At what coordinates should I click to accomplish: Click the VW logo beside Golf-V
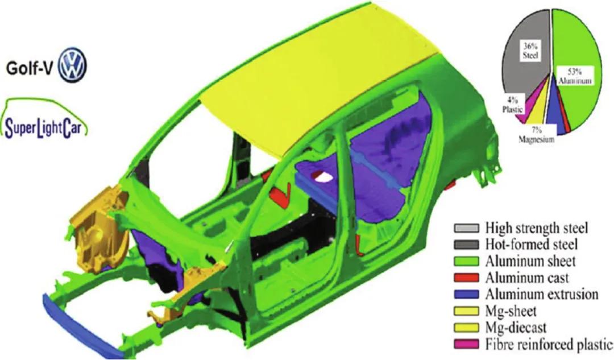point(72,65)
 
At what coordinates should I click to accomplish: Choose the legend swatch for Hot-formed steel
point(466,245)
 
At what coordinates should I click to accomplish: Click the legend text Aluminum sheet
point(530,261)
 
